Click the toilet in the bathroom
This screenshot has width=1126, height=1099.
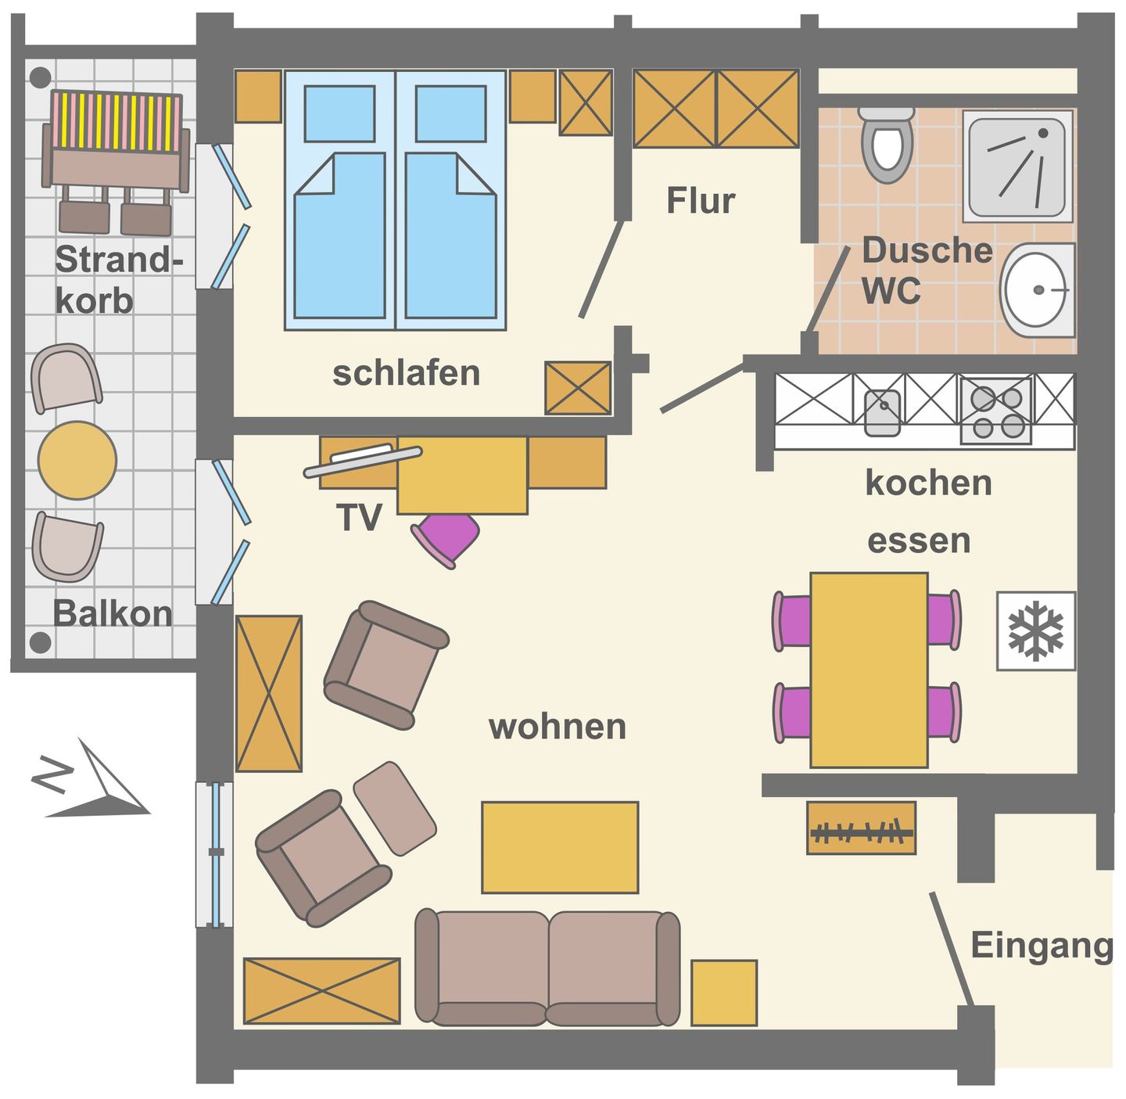point(886,145)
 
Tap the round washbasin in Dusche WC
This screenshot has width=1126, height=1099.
point(1038,289)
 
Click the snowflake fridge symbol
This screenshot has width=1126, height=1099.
point(1035,630)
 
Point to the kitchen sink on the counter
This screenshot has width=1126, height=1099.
point(882,410)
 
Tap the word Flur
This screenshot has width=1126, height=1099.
point(700,201)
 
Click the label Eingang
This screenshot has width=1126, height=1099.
point(1041,945)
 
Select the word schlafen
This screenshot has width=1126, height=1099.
point(406,373)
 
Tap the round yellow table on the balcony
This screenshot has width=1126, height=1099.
point(77,460)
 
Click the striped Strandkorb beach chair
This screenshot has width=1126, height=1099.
point(116,145)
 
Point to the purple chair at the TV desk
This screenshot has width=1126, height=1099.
point(446,537)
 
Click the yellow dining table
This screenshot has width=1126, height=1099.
point(869,670)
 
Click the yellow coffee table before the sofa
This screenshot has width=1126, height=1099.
point(559,847)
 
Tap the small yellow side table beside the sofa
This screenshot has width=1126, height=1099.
point(723,993)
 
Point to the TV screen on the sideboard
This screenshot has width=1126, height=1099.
point(363,462)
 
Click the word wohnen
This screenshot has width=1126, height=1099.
point(557,727)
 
